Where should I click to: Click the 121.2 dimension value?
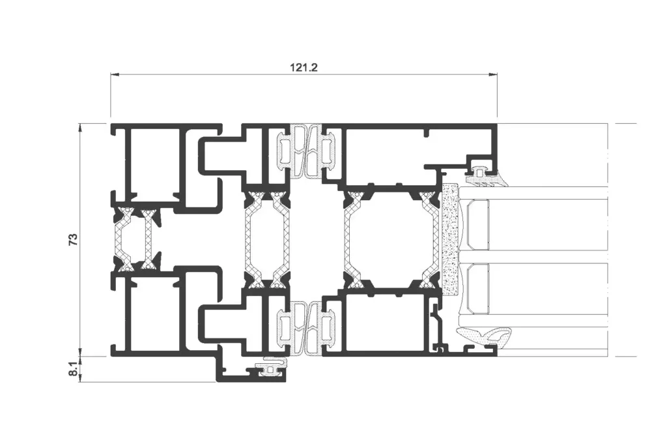[x=304, y=67]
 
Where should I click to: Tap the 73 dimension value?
[x=74, y=240]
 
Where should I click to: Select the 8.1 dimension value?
[x=74, y=369]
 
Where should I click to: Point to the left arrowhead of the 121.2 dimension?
[x=115, y=75]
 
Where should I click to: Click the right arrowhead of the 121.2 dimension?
[x=492, y=75]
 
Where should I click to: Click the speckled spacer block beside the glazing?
[x=450, y=240]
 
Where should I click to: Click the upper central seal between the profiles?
[x=305, y=151]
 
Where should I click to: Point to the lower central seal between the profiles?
[x=305, y=328]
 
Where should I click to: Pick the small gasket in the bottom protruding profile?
[x=270, y=368]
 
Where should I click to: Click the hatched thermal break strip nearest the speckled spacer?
[x=431, y=239]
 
